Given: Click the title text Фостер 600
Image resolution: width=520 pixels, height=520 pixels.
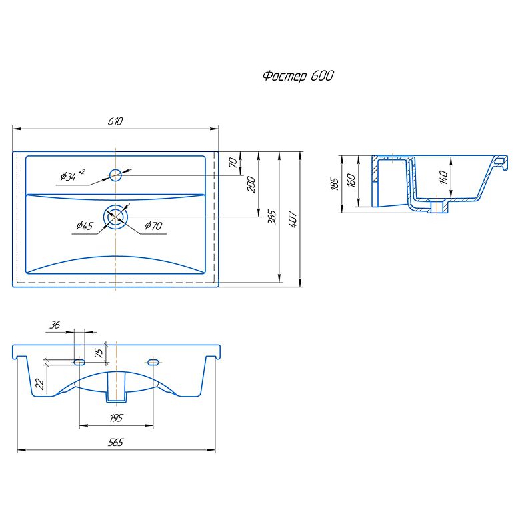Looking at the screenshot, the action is pyautogui.click(x=298, y=76).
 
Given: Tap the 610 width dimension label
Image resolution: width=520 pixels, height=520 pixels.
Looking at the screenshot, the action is pyautogui.click(x=115, y=121).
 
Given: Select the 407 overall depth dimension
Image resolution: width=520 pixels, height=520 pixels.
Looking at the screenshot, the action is pyautogui.click(x=293, y=219).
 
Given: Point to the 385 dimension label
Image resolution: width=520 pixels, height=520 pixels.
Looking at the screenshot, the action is pyautogui.click(x=272, y=217).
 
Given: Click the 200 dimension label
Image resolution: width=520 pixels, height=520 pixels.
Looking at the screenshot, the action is pyautogui.click(x=252, y=185).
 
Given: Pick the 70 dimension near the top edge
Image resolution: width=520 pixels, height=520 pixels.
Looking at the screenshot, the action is pyautogui.click(x=233, y=163).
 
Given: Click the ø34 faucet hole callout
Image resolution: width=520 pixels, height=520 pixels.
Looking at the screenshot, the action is pyautogui.click(x=73, y=175).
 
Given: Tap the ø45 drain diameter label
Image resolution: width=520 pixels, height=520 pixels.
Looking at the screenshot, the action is pyautogui.click(x=85, y=226).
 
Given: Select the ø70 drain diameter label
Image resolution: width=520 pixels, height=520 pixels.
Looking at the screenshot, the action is pyautogui.click(x=153, y=226).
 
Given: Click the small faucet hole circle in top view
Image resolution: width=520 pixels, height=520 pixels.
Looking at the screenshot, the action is pyautogui.click(x=115, y=175).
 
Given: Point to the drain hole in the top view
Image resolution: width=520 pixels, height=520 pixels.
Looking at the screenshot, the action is pyautogui.click(x=115, y=217).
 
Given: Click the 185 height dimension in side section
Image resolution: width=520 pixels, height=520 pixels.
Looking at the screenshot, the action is pyautogui.click(x=335, y=184).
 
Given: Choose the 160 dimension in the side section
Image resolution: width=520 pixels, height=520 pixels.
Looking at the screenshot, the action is pyautogui.click(x=351, y=181).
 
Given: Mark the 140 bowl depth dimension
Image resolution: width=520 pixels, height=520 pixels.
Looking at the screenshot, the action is pyautogui.click(x=443, y=177).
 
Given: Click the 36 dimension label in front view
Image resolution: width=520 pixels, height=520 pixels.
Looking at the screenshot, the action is pyautogui.click(x=55, y=325).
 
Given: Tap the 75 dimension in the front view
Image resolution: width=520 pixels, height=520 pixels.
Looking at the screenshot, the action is pyautogui.click(x=99, y=352).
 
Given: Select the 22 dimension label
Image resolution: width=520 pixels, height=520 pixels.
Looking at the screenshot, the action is pyautogui.click(x=39, y=384).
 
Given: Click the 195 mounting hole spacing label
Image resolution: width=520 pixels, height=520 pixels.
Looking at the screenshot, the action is pyautogui.click(x=116, y=418).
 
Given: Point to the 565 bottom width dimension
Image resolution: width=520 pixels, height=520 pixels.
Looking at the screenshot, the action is pyautogui.click(x=115, y=443).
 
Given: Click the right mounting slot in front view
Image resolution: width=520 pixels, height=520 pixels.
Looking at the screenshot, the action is pyautogui.click(x=153, y=362).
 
